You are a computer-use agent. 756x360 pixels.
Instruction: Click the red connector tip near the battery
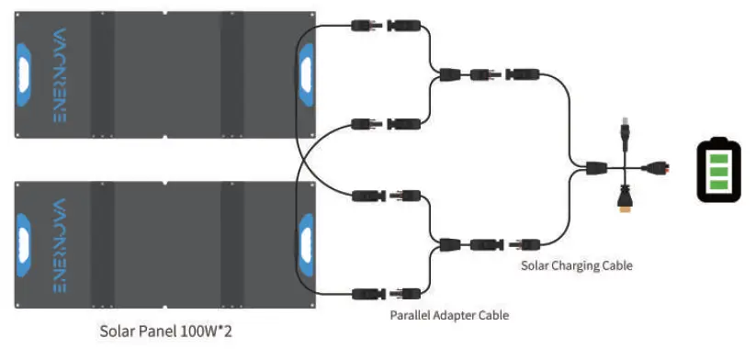point(658,168)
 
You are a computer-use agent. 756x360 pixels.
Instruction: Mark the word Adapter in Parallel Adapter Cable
point(459,315)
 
